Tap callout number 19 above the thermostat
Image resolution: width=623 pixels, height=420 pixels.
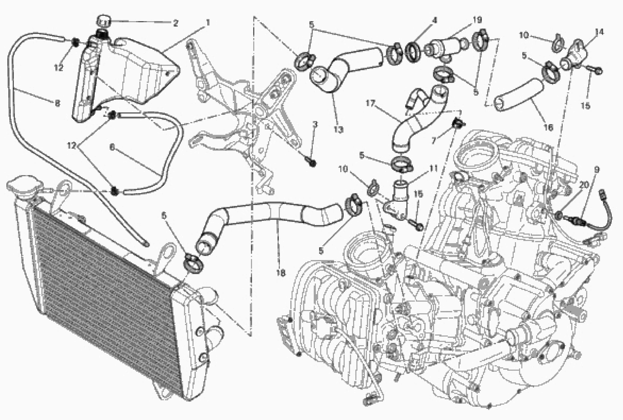pyautogui.click(x=477, y=20)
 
